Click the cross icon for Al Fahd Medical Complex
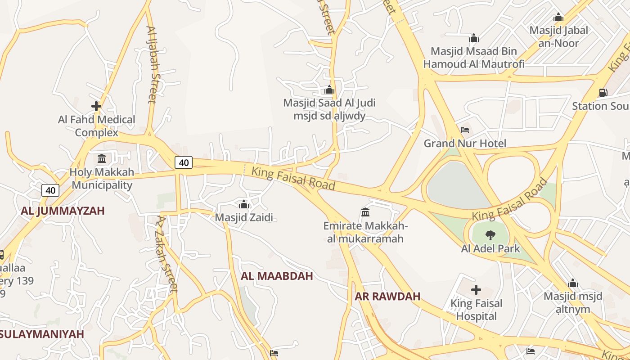[96, 106]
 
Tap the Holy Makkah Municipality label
[102, 179]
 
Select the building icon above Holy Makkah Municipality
[102, 158]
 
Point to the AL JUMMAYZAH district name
[63, 211]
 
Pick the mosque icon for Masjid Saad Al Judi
[329, 90]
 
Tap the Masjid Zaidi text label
[244, 217]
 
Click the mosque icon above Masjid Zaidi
[244, 204]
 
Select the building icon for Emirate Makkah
[365, 212]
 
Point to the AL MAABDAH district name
[277, 276]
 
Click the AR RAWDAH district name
[387, 296]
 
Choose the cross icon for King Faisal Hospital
[476, 290]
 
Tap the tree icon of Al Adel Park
[490, 234]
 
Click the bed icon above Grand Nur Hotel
[465, 130]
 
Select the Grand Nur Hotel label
[465, 144]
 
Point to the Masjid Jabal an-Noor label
[558, 37]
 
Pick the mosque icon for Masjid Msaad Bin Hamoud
[473, 38]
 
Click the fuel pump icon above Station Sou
[603, 93]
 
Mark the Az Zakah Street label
[166, 254]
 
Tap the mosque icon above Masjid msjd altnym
[572, 283]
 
